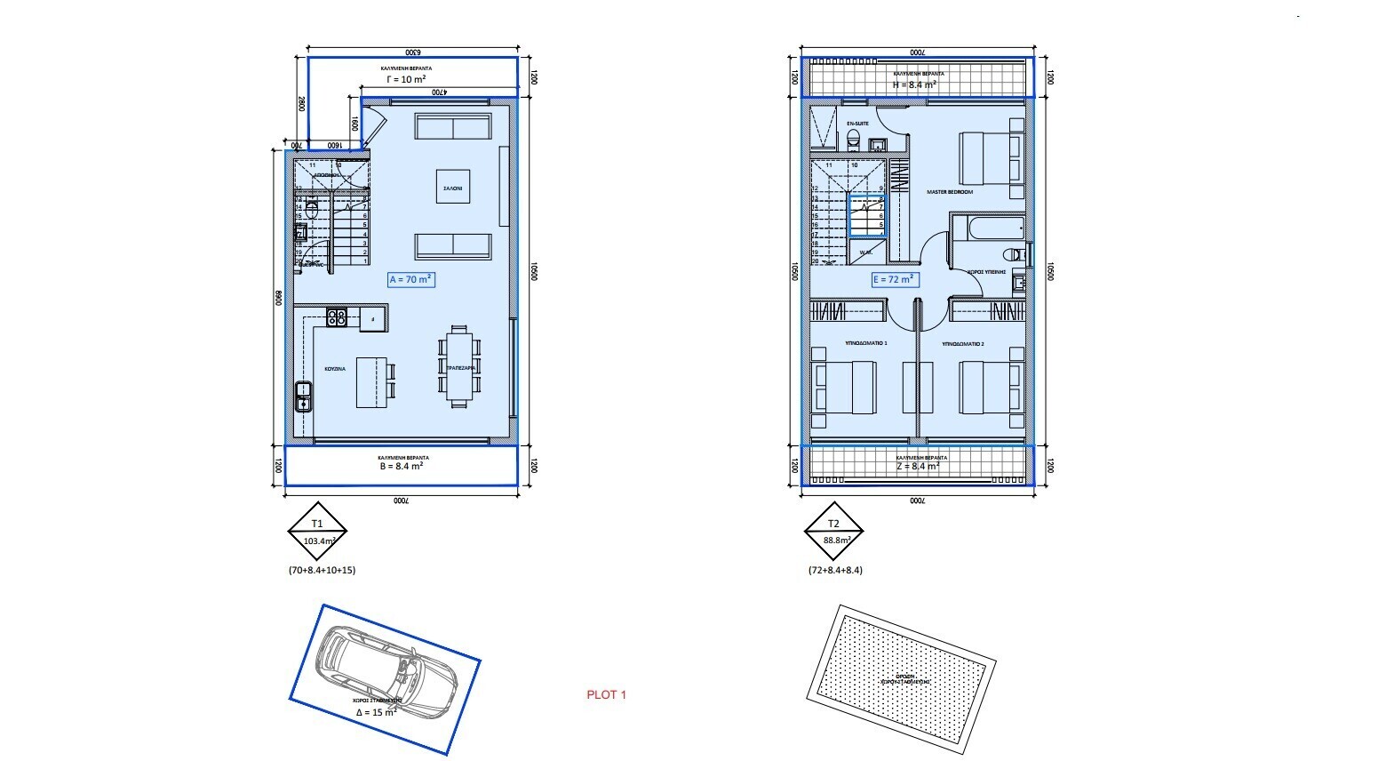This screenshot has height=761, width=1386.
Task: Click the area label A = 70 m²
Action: tap(411, 279)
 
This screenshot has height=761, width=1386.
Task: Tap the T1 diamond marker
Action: tap(317, 532)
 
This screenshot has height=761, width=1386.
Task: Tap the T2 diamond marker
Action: tap(833, 532)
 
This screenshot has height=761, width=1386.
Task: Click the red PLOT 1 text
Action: tap(607, 695)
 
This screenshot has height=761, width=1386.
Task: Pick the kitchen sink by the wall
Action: tap(303, 397)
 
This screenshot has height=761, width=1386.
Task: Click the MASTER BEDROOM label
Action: tap(950, 192)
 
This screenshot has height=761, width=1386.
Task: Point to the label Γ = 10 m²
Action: tap(406, 79)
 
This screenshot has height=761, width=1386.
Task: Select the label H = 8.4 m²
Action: tap(913, 84)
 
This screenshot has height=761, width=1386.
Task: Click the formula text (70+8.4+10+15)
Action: tap(322, 570)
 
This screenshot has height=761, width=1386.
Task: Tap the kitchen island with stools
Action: tap(372, 382)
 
